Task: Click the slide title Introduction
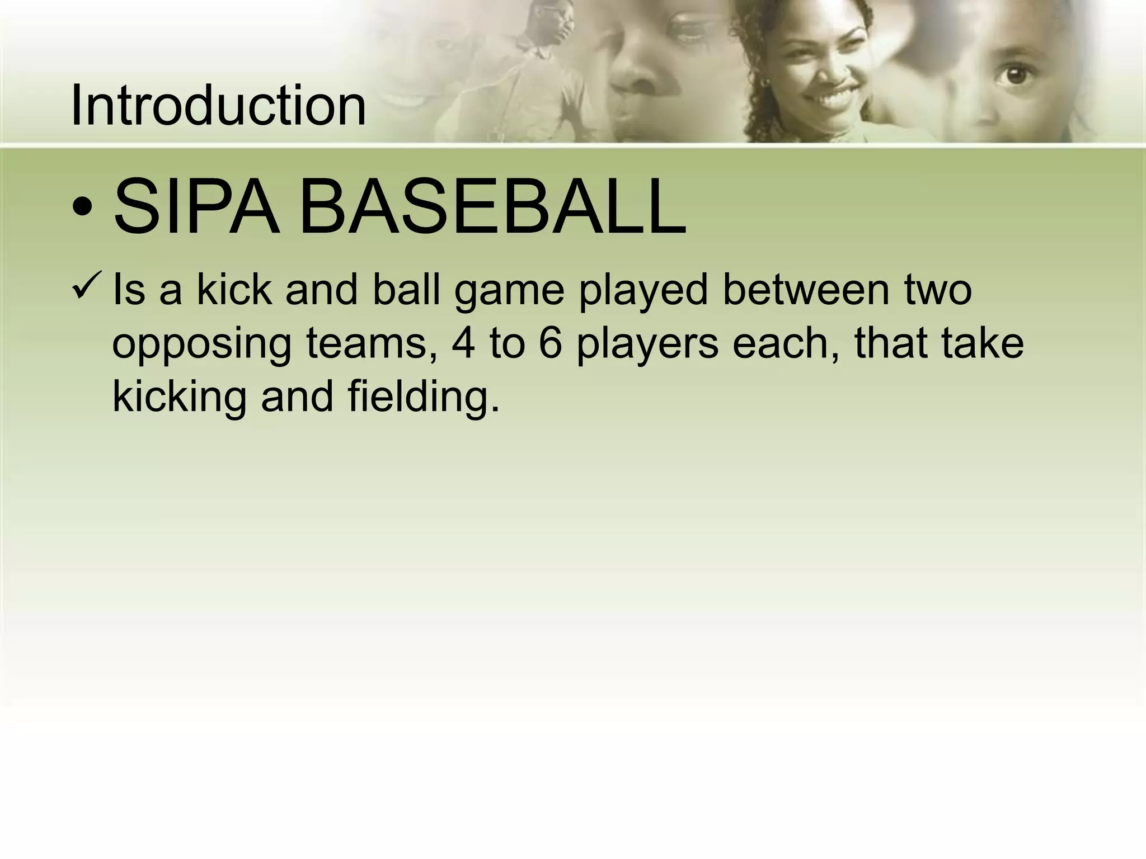[x=218, y=105]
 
